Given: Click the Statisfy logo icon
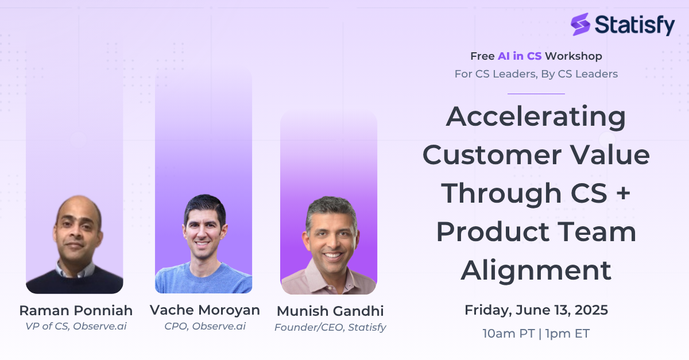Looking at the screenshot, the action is [x=580, y=24].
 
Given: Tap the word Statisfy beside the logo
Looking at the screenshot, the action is [x=635, y=25].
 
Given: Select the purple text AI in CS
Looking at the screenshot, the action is [x=520, y=56].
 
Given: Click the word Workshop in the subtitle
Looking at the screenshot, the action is [x=574, y=56].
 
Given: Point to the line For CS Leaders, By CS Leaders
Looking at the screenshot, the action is [x=536, y=74].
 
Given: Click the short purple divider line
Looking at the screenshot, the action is [x=536, y=94].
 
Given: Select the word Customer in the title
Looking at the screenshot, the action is [x=492, y=155].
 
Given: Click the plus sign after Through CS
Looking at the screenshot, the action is [x=623, y=193].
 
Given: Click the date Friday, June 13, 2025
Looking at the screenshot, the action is [x=536, y=310].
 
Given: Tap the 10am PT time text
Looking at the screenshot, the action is [x=509, y=334].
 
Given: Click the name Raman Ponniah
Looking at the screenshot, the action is [x=76, y=311].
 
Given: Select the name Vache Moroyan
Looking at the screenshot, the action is [x=205, y=310].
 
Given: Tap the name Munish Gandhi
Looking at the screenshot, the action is [x=330, y=311].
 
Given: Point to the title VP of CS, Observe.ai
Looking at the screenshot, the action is [x=76, y=326].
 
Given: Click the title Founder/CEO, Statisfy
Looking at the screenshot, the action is [x=330, y=327].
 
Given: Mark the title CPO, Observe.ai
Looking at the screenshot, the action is [x=205, y=326].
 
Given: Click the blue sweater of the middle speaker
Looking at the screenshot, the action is [x=204, y=280].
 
